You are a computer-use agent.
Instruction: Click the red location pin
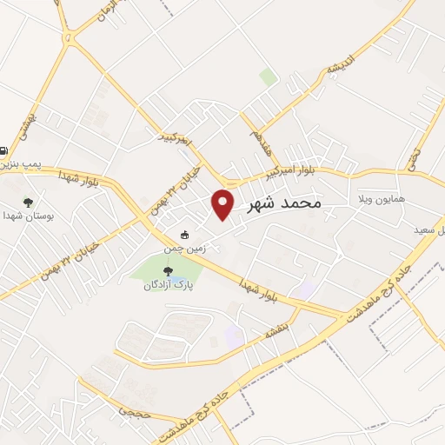pos(223,203)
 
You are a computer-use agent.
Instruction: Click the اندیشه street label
pos(346,63)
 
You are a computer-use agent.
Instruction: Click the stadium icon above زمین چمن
pos(184,236)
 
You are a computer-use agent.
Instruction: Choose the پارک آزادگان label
pos(169,285)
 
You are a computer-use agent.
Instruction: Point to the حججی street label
pos(138,408)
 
